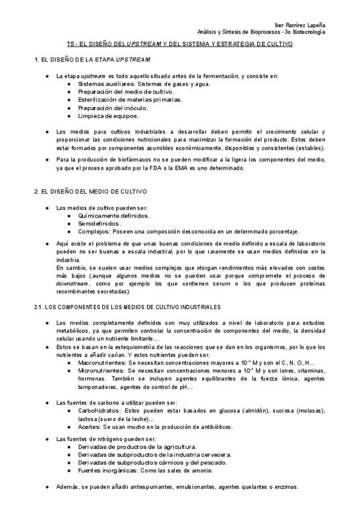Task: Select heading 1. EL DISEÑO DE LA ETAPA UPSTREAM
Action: click(x=92, y=61)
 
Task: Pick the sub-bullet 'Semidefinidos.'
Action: click(x=99, y=223)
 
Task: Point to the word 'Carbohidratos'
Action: click(x=98, y=410)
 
